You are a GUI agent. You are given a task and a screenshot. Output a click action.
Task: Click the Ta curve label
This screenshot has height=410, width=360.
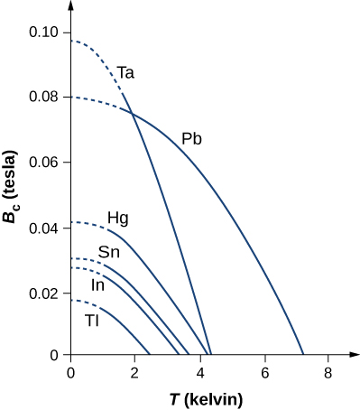tap(127, 72)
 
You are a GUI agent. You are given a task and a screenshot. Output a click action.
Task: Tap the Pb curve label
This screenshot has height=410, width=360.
tap(191, 139)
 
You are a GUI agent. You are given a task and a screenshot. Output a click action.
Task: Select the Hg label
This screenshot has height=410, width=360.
tap(117, 218)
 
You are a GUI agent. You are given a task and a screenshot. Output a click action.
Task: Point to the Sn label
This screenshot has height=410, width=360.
tap(109, 252)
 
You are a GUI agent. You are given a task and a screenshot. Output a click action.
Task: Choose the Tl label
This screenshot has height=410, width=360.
tap(92, 321)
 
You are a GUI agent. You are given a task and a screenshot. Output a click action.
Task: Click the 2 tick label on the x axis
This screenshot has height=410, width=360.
tap(135, 371)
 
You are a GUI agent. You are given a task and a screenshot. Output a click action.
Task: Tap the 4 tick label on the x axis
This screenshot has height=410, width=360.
tap(199, 371)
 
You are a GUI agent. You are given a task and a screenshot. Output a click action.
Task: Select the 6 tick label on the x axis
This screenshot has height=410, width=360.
tap(264, 371)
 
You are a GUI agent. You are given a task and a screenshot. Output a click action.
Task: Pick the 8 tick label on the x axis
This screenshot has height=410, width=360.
tap(328, 371)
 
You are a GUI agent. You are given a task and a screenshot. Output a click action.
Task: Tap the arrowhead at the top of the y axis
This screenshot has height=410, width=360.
tap(70, 8)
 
